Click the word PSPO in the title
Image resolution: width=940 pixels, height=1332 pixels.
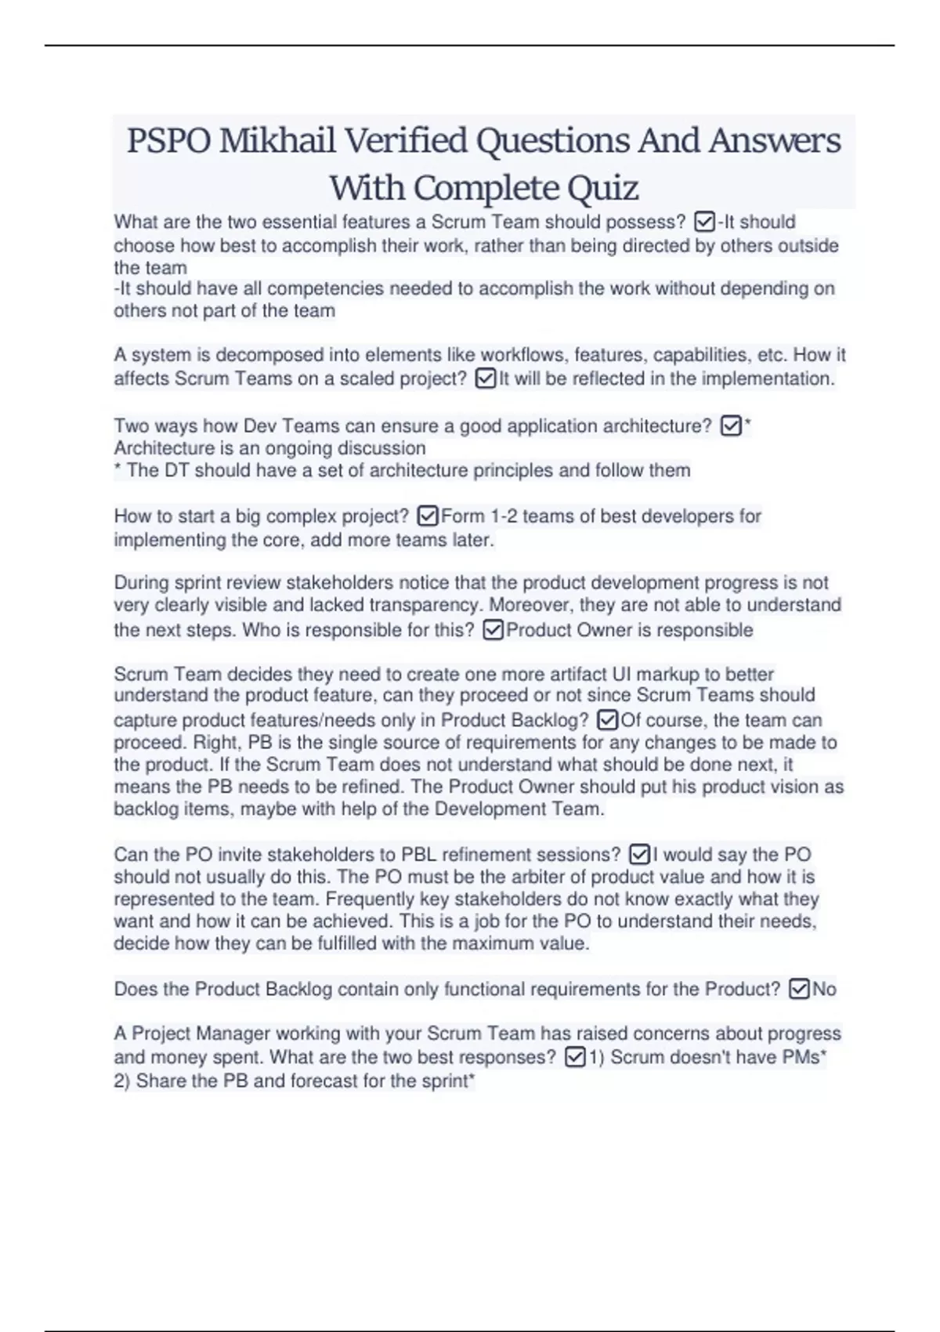click(168, 141)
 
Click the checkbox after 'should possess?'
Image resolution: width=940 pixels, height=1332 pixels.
click(704, 223)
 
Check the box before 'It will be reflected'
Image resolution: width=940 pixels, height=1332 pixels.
click(486, 379)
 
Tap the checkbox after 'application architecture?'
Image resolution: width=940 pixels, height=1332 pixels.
click(730, 426)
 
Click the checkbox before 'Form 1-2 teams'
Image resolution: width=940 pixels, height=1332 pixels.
click(428, 516)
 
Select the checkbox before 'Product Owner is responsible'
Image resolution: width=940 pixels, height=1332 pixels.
click(493, 630)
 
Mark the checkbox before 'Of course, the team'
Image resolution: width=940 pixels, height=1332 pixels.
click(607, 720)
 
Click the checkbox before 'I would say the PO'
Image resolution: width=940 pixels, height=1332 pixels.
click(639, 854)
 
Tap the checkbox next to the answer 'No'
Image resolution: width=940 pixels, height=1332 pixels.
click(798, 990)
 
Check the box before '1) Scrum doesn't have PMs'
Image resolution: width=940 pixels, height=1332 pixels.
click(574, 1058)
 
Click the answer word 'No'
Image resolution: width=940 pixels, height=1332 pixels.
click(824, 990)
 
